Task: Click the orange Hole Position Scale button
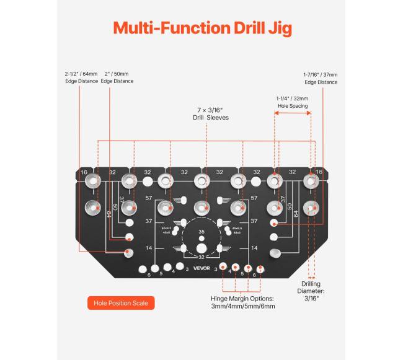[x=120, y=303]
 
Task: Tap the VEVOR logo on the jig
[x=201, y=268]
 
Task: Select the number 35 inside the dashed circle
[x=201, y=231]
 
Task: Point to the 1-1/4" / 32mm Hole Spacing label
[x=291, y=102]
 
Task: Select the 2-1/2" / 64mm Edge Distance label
[x=81, y=77]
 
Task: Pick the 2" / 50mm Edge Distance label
[x=117, y=77]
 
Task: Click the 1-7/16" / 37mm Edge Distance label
[x=320, y=77]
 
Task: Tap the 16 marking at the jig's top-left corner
[x=84, y=172]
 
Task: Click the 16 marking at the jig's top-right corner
[x=319, y=172]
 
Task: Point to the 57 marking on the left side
[x=149, y=198]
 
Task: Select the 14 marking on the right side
[x=253, y=248]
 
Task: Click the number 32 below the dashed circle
[x=201, y=257]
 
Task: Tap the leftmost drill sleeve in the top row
[x=92, y=182]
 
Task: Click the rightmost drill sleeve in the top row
[x=309, y=182]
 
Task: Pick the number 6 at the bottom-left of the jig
[x=149, y=274]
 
